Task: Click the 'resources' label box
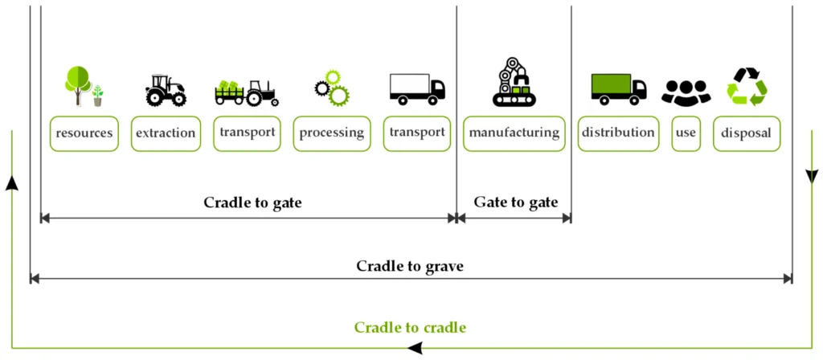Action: tap(84, 133)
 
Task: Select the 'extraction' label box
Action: tap(166, 133)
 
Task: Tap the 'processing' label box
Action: tap(331, 133)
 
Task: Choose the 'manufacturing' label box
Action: tap(514, 133)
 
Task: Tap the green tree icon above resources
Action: tap(79, 85)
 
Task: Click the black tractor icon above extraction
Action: tap(166, 90)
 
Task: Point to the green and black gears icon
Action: tap(332, 88)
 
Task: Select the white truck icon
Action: tap(416, 88)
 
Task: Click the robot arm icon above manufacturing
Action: tap(514, 82)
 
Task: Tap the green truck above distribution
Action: tap(618, 88)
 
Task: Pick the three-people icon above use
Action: tap(686, 92)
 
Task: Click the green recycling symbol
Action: tap(747, 87)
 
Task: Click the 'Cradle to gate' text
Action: tap(252, 202)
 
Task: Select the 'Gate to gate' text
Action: tap(515, 202)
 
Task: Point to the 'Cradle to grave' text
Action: tap(410, 265)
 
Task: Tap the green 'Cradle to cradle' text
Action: tap(410, 327)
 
